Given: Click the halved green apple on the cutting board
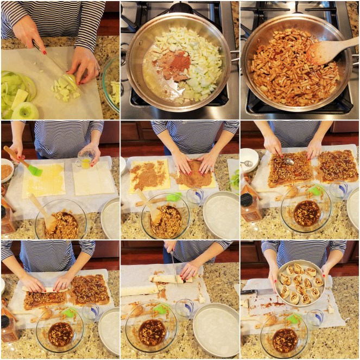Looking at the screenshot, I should tap(26, 111).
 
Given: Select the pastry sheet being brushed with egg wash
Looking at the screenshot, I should tap(43, 181).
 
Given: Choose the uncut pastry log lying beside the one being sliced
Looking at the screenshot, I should tap(139, 290).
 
